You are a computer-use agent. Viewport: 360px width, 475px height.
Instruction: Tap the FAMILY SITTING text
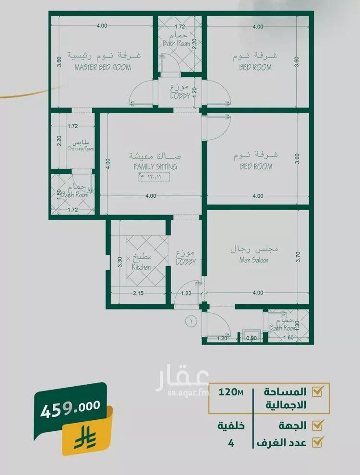click(x=155, y=167)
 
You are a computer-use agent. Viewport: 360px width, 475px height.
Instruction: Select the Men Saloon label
click(x=254, y=261)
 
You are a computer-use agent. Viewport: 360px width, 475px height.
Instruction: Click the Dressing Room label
click(x=81, y=149)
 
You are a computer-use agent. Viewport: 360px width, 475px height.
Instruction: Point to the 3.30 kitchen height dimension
click(x=120, y=261)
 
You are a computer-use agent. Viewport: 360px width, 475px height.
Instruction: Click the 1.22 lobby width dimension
click(x=187, y=293)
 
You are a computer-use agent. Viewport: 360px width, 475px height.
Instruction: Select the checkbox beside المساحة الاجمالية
click(x=317, y=392)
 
